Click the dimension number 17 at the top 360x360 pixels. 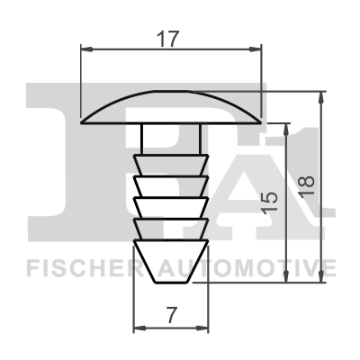168,39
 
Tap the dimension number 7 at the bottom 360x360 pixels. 171,315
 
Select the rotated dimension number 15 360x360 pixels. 269,203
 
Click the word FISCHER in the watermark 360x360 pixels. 85,268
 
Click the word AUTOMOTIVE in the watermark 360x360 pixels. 247,268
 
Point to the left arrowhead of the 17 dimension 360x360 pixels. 86,49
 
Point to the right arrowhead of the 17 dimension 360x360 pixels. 256,49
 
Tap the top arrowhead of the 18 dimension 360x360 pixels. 321,97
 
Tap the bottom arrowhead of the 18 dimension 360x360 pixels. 321,276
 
